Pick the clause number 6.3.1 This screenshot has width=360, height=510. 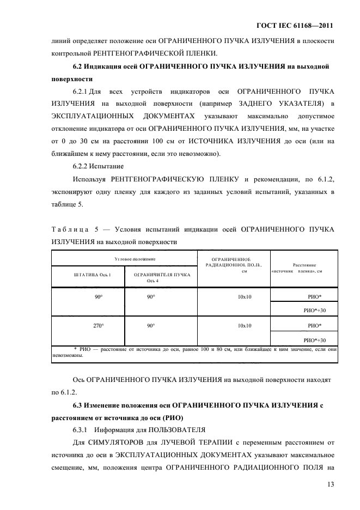(x=82, y=429)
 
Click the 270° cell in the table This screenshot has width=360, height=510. (x=98, y=325)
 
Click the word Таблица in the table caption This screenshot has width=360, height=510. (x=68, y=229)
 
